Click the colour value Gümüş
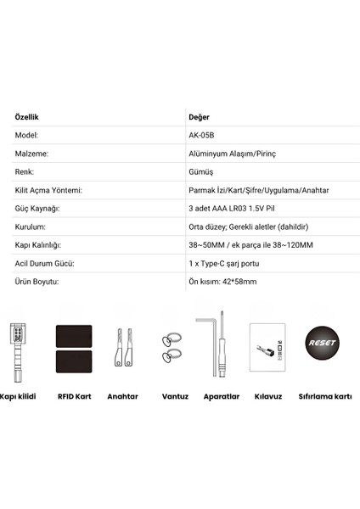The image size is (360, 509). click(201, 172)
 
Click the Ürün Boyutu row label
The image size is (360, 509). click(39, 283)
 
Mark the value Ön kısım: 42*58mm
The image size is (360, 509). click(223, 283)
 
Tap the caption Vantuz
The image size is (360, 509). click(173, 395)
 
